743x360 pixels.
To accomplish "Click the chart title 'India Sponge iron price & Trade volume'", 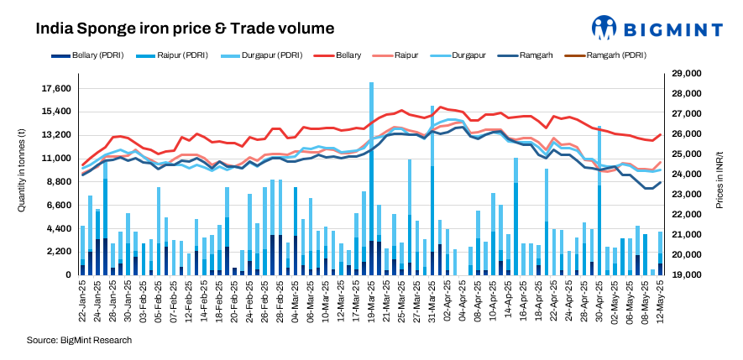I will pyautogui.click(x=185, y=29).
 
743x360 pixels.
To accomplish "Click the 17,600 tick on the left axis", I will pyautogui.click(x=55, y=89).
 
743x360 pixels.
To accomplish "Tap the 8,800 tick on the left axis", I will pyautogui.click(x=59, y=181).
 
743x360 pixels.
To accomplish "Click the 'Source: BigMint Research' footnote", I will pyautogui.click(x=79, y=340).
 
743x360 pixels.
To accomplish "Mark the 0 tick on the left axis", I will pyautogui.click(x=67, y=275).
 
